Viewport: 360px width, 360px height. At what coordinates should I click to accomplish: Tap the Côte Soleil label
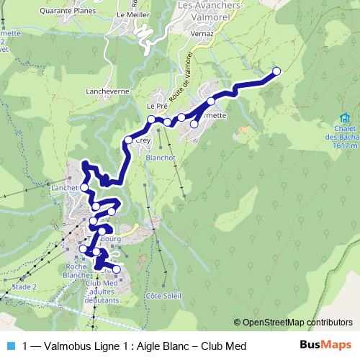tap(163, 295)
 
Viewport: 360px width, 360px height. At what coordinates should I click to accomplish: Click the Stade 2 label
tap(24, 286)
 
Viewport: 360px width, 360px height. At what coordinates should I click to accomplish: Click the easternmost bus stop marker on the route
tap(276, 71)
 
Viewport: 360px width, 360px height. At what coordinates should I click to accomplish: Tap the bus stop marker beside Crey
tap(128, 140)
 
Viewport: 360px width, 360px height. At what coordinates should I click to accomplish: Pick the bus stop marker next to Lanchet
tap(84, 187)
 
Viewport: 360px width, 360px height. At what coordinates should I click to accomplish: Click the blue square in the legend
tap(10, 346)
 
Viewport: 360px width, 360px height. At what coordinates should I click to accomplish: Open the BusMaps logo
tap(325, 346)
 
